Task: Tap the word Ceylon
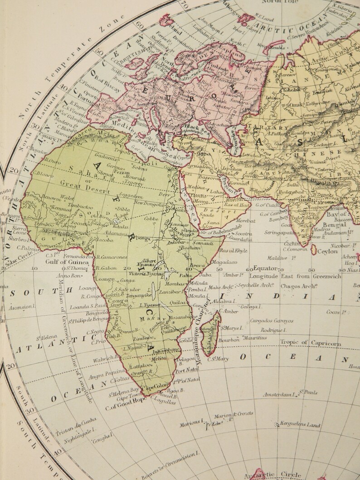pyautogui.click(x=327, y=251)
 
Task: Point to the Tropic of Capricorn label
pyautogui.click(x=316, y=343)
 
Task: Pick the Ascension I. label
pyautogui.click(x=21, y=307)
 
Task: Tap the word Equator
pyautogui.click(x=265, y=267)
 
